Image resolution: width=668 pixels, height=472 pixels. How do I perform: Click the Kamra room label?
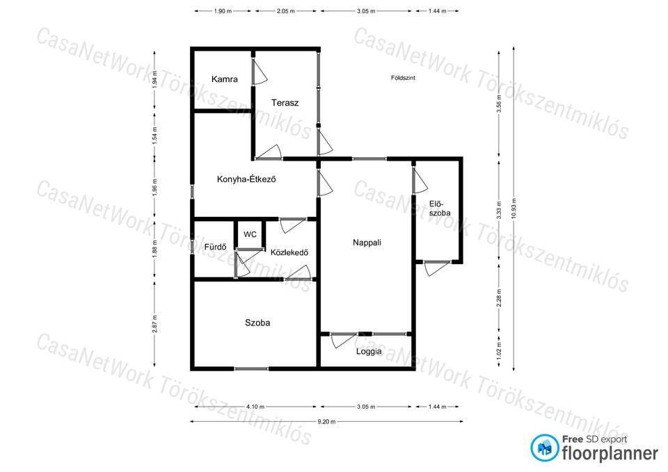[225, 79]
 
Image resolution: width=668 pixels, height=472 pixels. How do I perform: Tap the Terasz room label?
[285, 103]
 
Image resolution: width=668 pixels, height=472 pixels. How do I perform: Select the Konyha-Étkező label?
[246, 179]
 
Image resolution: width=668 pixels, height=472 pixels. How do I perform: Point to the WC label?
[250, 234]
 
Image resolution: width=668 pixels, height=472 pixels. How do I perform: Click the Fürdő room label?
[215, 247]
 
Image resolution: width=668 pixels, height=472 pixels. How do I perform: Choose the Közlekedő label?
[289, 252]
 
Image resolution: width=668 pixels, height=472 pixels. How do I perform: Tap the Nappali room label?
[367, 243]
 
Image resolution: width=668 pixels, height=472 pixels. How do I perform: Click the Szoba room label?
[257, 323]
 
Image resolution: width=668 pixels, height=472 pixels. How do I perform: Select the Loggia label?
[369, 352]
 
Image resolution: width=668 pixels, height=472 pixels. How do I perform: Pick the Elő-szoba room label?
[440, 209]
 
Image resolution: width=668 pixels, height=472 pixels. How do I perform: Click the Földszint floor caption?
[403, 78]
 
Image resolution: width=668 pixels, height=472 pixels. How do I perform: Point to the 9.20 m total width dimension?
[326, 422]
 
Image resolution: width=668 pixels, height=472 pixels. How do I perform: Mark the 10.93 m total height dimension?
[514, 209]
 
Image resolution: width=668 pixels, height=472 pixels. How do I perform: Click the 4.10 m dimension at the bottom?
[255, 407]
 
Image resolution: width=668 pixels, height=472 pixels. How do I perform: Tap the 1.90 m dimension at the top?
[223, 11]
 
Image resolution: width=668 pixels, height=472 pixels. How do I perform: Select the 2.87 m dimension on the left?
[154, 323]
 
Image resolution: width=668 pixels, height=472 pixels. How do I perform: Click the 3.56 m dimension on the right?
[500, 104]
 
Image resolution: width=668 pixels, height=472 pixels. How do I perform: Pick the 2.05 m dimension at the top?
[286, 11]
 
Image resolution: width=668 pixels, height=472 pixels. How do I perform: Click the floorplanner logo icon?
[544, 448]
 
